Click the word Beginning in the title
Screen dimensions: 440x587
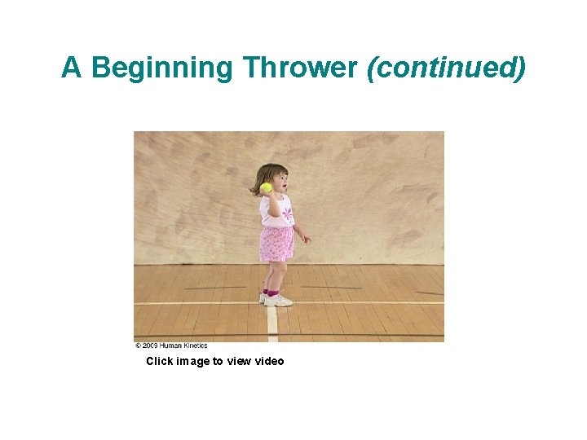point(162,68)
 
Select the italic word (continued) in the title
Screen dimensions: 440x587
point(447,68)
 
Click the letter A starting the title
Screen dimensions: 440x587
point(72,68)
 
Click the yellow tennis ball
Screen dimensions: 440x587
point(266,187)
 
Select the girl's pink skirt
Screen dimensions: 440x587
point(276,244)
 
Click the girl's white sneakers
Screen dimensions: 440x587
point(277,300)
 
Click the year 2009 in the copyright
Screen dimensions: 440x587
point(151,345)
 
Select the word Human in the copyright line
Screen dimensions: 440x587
point(173,345)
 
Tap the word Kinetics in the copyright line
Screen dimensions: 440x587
point(196,345)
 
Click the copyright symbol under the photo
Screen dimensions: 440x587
point(138,345)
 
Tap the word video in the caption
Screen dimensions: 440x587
point(269,361)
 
